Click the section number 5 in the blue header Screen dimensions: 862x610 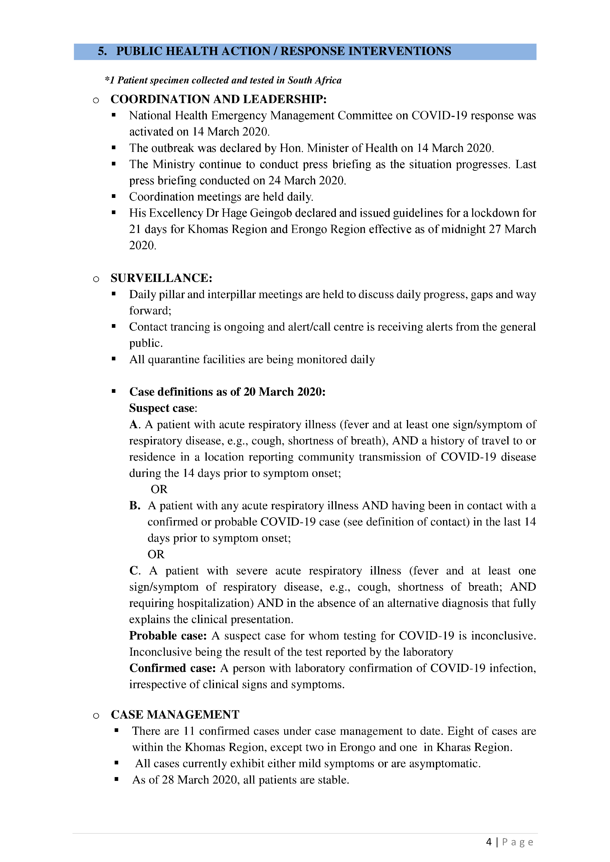tap(102, 51)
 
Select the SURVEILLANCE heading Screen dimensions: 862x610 tap(161, 278)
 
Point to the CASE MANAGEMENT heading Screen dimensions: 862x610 tap(175, 715)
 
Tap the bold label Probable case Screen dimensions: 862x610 tap(168, 636)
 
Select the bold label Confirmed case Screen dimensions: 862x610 tap(172, 668)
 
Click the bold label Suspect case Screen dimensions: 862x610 tap(162, 408)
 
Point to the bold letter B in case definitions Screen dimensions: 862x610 tap(134, 506)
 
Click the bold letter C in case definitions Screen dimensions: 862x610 tap(134, 571)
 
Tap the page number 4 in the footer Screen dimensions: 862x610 tap(489, 842)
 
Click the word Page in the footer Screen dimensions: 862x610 tap(518, 842)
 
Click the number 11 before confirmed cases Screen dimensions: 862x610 tap(189, 731)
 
